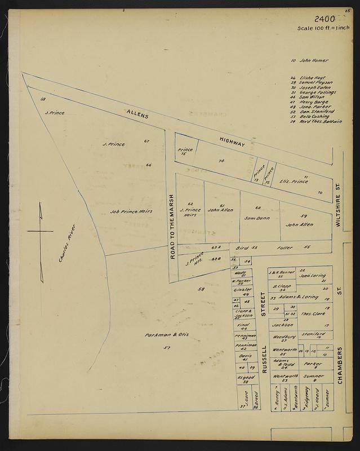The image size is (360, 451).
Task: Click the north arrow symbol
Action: [x=41, y=231]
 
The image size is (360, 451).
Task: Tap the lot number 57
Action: [x=167, y=348]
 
